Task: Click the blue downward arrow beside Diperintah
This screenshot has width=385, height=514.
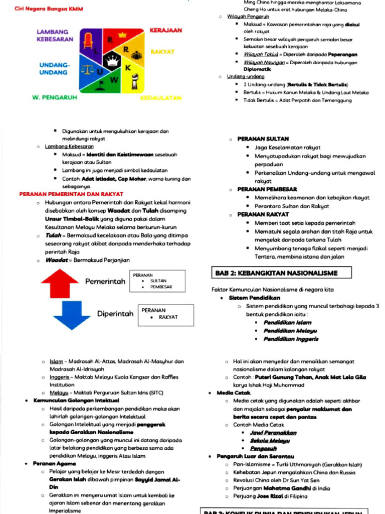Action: tap(72, 315)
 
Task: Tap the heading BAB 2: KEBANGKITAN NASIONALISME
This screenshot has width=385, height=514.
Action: tap(276, 273)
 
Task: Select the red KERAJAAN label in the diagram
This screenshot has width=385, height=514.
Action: tap(166, 31)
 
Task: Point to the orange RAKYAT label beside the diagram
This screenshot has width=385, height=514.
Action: tap(162, 52)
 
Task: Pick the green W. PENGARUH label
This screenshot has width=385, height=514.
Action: tap(55, 97)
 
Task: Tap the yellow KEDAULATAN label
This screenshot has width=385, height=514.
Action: tap(161, 97)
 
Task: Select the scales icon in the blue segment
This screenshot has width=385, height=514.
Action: tap(88, 70)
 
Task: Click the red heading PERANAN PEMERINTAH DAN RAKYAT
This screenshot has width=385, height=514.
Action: tap(71, 194)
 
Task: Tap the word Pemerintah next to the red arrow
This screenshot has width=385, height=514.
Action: tap(105, 282)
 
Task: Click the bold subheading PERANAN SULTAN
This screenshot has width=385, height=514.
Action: tap(263, 139)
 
